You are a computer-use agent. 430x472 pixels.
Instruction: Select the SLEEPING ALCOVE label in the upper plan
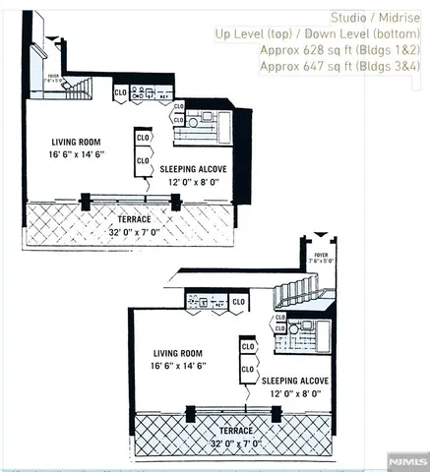[194, 169]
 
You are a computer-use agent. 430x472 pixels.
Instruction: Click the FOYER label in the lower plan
[320, 255]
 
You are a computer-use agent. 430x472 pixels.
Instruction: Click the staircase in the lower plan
[299, 291]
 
